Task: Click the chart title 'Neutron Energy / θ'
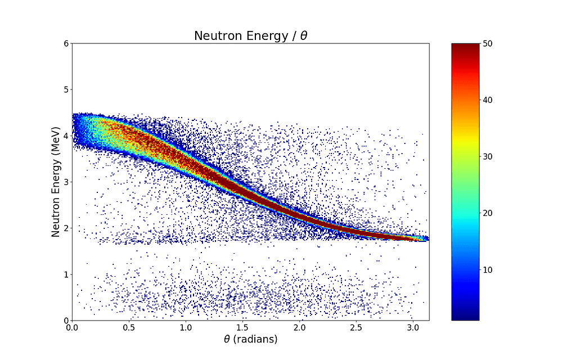[x=250, y=36]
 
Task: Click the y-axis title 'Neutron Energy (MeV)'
[x=57, y=182]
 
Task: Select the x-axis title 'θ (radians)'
[x=250, y=340]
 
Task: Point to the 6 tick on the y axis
[x=67, y=43]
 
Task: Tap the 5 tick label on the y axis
[x=67, y=89]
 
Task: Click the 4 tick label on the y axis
[x=67, y=136]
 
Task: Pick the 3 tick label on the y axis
[x=67, y=182]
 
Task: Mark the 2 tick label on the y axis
[x=67, y=228]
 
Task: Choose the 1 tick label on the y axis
[x=67, y=274]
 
